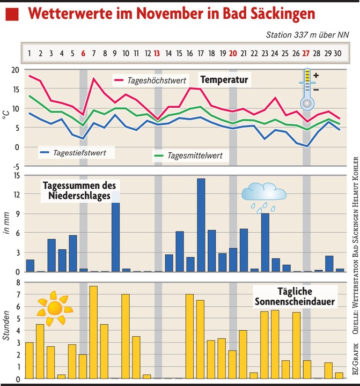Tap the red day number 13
pos(157,53)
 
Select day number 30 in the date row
pos(338,53)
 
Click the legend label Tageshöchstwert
pos(157,81)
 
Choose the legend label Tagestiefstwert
pos(79,153)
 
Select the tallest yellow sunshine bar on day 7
pos(93,332)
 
